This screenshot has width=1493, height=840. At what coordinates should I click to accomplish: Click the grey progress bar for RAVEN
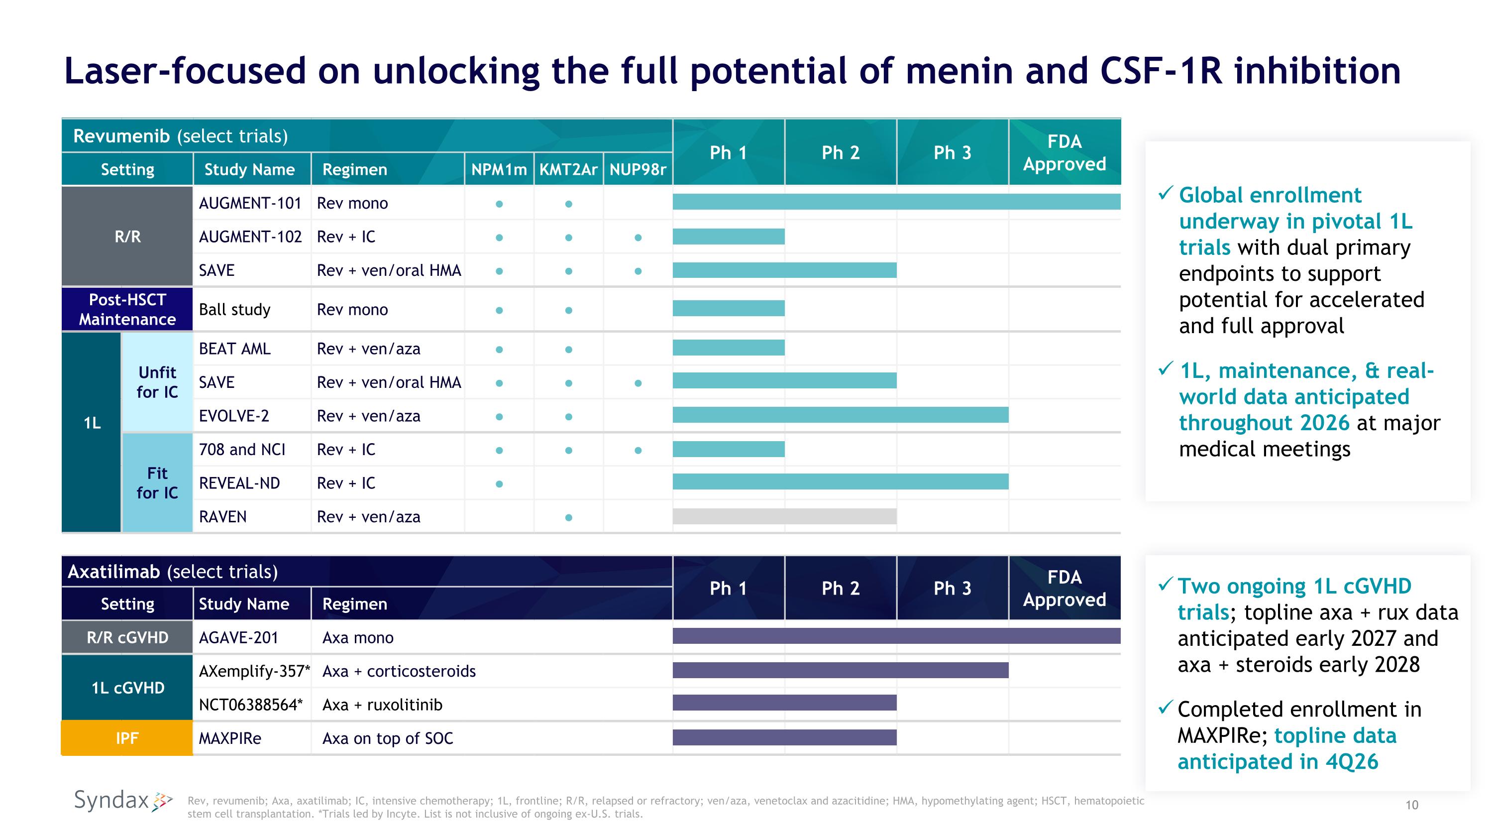coord(784,516)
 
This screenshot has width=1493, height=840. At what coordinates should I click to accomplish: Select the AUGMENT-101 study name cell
coord(250,203)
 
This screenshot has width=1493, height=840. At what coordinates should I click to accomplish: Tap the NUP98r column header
coord(638,169)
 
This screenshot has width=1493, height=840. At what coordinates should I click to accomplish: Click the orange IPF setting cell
coord(127,738)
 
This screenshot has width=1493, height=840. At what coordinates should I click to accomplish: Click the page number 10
coord(1412,805)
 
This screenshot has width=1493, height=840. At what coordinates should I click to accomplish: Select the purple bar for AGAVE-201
coord(896,636)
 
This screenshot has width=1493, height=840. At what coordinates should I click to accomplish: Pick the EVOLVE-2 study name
coord(233,416)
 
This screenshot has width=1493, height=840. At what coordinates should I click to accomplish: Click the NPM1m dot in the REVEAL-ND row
coord(499,484)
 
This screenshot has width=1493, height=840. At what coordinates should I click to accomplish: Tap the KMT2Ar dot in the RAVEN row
coord(568,518)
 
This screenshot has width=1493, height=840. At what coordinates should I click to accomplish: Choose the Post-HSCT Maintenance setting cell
coord(127,310)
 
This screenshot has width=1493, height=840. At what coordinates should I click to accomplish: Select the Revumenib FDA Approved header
coord(1064,152)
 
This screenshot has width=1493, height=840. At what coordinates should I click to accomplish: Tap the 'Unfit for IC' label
coord(157,382)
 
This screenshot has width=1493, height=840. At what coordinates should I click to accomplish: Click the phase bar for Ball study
coord(729,308)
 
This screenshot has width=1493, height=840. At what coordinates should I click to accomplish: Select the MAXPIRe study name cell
coord(230,738)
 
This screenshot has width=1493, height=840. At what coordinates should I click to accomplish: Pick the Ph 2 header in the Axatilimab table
coord(841,588)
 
